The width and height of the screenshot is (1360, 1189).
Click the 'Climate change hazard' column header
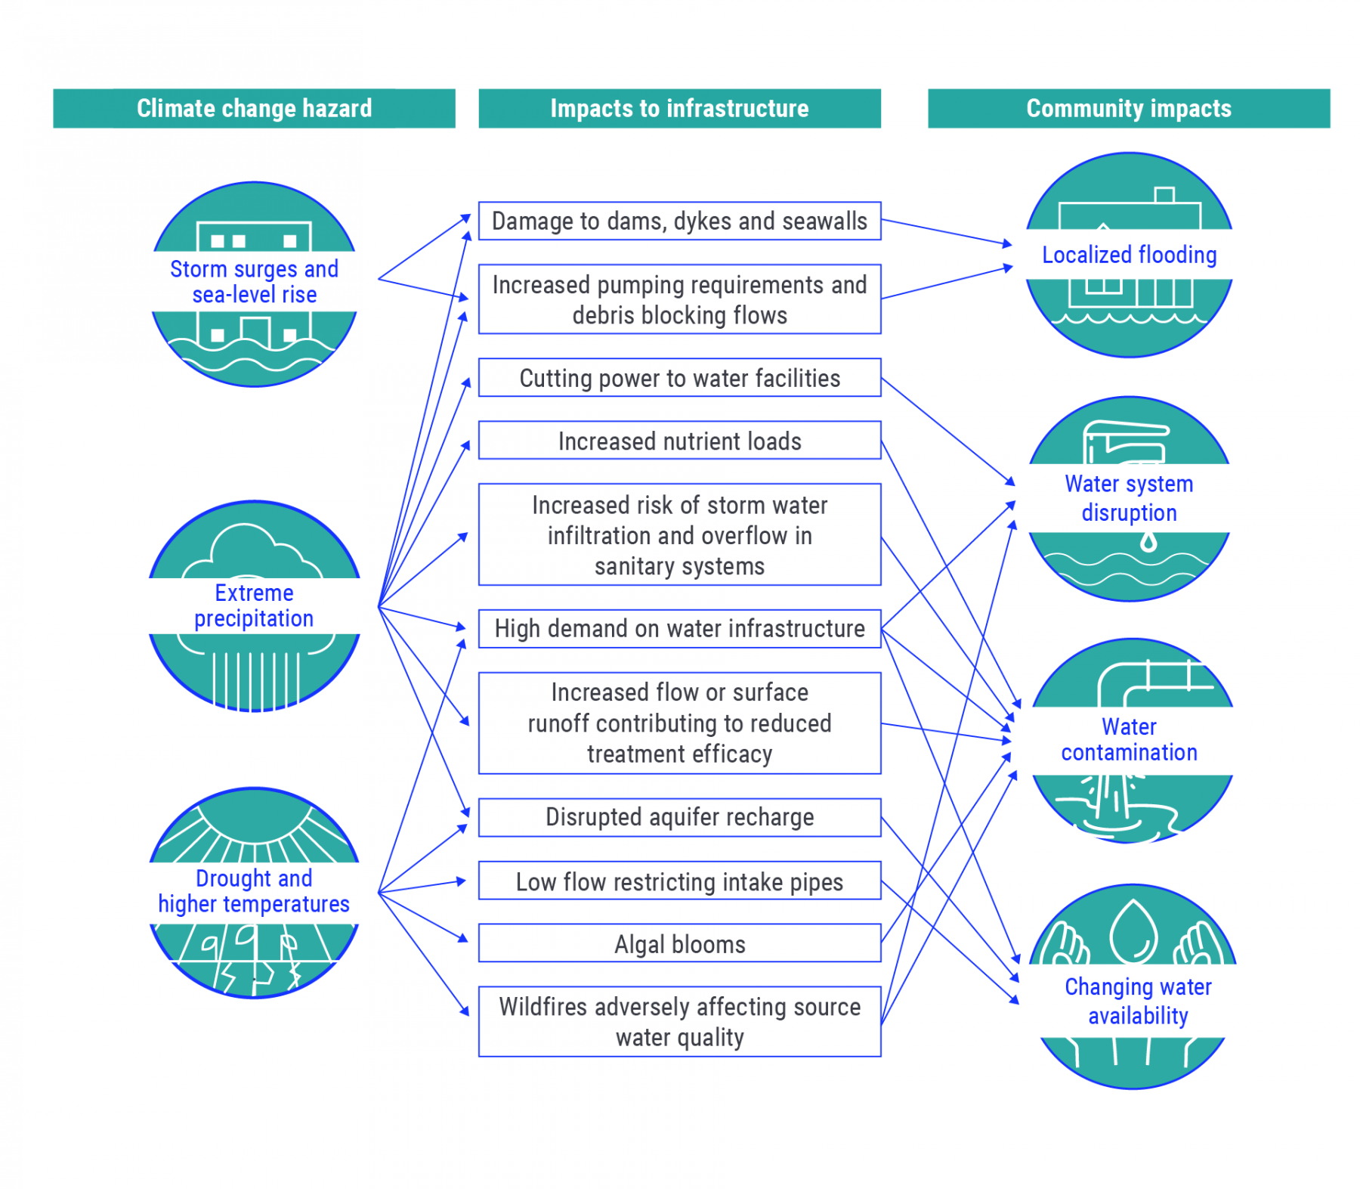coord(254,108)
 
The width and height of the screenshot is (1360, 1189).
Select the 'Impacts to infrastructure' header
coord(678,108)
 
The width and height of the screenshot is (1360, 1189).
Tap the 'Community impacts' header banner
coord(1128,108)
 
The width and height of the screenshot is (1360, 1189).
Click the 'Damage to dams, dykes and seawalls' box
coord(678,221)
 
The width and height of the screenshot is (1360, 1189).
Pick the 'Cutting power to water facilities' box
coord(678,377)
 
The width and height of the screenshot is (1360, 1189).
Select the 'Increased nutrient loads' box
coord(678,440)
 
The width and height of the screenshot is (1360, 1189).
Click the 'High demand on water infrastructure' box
coord(678,628)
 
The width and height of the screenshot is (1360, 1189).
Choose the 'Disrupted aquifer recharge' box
coord(678,816)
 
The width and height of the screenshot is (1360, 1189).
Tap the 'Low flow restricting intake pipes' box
coord(678,881)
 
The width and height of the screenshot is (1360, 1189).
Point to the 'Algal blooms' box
coord(678,943)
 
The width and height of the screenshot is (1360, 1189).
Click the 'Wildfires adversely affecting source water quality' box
coord(678,1021)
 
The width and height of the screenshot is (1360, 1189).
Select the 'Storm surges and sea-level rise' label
coord(254,281)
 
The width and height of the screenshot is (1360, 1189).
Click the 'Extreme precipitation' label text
coord(254,605)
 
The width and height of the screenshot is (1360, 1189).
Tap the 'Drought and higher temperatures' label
coord(254,890)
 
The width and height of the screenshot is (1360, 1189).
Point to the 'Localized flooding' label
coord(1128,255)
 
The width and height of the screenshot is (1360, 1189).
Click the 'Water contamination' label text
coord(1128,739)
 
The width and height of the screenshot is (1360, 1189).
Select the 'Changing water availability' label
coord(1137,1001)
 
